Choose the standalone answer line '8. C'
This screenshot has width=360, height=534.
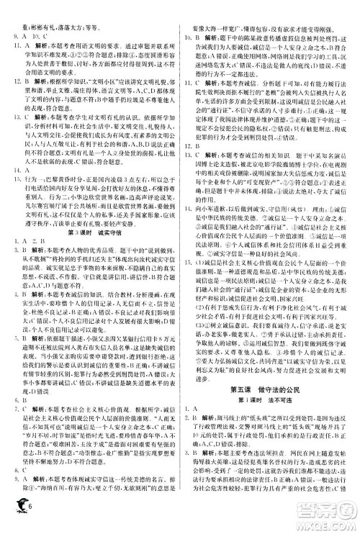tap(15, 487)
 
